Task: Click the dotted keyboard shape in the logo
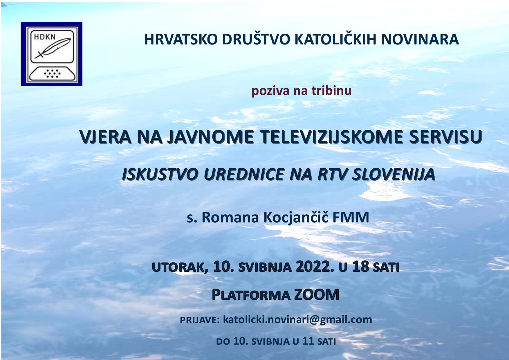coord(52,73)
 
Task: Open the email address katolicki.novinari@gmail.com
coord(297,320)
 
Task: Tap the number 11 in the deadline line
coord(308,341)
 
